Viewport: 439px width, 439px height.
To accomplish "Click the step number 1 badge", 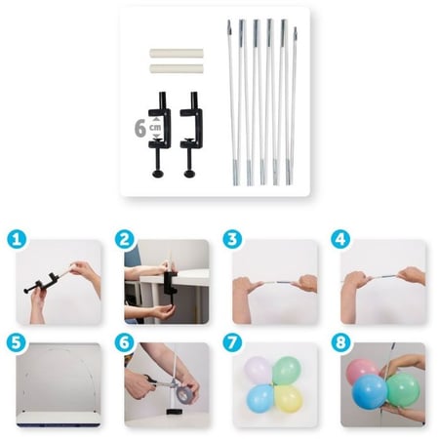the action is coord(17,240).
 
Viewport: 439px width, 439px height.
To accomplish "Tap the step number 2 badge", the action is coord(125,240).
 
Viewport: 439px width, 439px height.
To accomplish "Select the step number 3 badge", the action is coord(232,240).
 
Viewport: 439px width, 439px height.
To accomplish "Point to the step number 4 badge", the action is coord(340,240).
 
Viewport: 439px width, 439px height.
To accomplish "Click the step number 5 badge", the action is coord(17,342).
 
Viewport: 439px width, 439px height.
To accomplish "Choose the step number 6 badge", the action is coord(125,342).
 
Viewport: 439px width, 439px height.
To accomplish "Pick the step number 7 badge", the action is coord(232,342).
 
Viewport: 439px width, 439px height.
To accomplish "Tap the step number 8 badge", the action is coord(340,342).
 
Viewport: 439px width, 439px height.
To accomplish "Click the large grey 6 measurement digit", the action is coord(140,129).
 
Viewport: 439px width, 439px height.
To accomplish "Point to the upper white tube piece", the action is coord(177,54).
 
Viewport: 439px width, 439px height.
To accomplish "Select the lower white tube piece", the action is coord(177,68).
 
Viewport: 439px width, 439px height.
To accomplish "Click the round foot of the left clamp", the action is coord(158,174).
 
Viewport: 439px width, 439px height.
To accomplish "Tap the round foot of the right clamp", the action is coord(189,174).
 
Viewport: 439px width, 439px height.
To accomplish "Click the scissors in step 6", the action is coord(152,382).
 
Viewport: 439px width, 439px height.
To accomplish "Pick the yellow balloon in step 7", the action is coord(289,399).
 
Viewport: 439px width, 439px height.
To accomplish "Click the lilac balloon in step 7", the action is coord(258,371).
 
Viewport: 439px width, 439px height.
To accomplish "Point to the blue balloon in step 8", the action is coord(370,392).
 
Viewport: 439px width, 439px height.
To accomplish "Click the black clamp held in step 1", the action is coord(43,283).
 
